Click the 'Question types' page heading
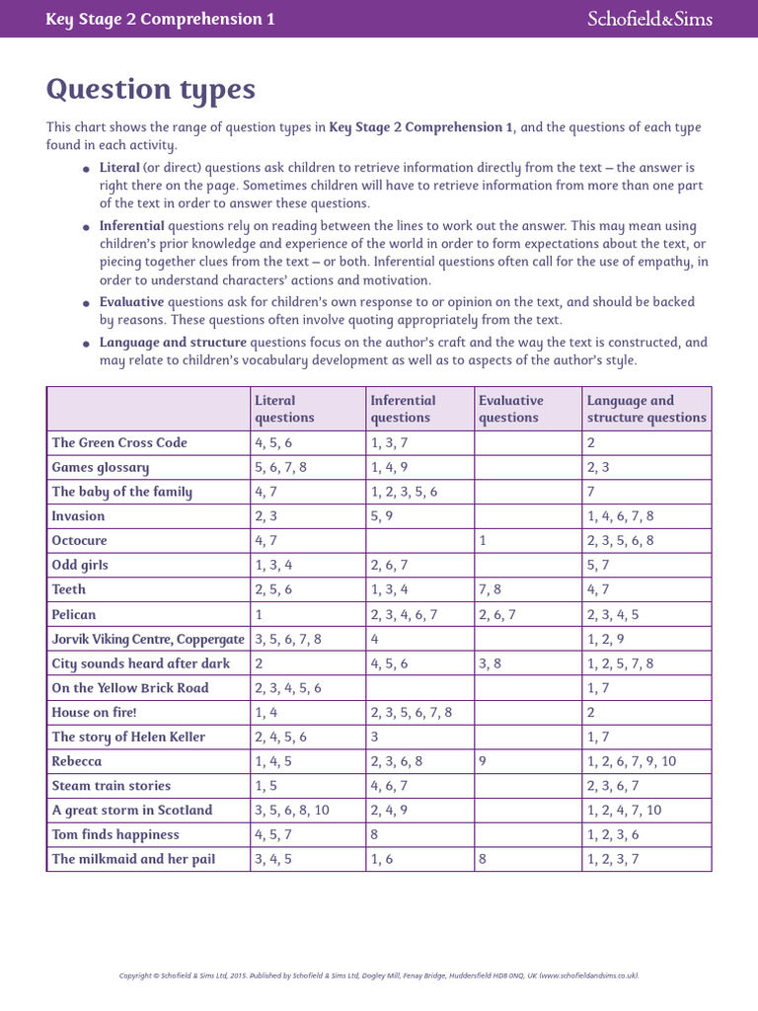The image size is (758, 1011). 151,90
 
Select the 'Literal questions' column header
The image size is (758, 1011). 285,409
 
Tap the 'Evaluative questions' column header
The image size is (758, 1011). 510,409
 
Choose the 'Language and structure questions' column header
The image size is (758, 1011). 646,409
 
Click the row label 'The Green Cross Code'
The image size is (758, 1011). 119,443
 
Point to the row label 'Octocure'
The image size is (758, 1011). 80,541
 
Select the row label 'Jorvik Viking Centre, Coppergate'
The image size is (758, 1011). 148,639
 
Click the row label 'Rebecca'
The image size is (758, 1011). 77,761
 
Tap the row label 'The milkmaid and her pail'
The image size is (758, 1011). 133,859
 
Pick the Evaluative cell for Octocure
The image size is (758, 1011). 483,541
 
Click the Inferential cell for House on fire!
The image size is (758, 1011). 411,713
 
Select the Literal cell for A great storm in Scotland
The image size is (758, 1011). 292,811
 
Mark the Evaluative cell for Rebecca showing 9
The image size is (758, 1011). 483,761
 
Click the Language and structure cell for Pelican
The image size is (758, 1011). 613,615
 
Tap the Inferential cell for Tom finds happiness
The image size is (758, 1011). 375,835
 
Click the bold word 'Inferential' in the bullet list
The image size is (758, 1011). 131,226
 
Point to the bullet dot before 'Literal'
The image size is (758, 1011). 88,170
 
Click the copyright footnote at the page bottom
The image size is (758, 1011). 379,975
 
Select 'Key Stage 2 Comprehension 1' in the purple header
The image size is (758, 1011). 161,19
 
